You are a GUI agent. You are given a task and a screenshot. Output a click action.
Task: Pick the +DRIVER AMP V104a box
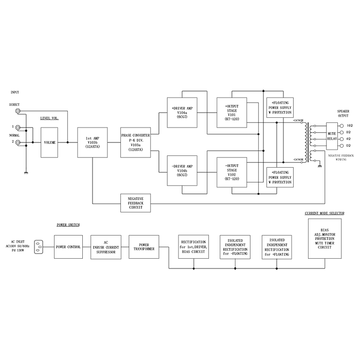[183, 112]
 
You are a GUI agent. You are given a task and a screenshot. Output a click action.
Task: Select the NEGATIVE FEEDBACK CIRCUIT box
[136, 203]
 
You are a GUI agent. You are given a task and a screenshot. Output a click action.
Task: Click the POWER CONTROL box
[67, 247]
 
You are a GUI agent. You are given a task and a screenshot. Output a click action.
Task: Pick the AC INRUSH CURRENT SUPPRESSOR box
[105, 247]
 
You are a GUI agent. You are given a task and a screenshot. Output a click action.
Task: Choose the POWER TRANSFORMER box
[142, 247]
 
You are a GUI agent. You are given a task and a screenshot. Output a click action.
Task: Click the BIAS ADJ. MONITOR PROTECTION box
[324, 239]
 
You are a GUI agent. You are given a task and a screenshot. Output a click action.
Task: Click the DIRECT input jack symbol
[18, 111]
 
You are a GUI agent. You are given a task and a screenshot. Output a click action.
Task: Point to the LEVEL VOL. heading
[50, 118]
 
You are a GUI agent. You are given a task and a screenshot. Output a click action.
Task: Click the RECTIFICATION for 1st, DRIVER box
[193, 247]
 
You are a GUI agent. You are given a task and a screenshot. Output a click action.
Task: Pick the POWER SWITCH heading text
[67, 225]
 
